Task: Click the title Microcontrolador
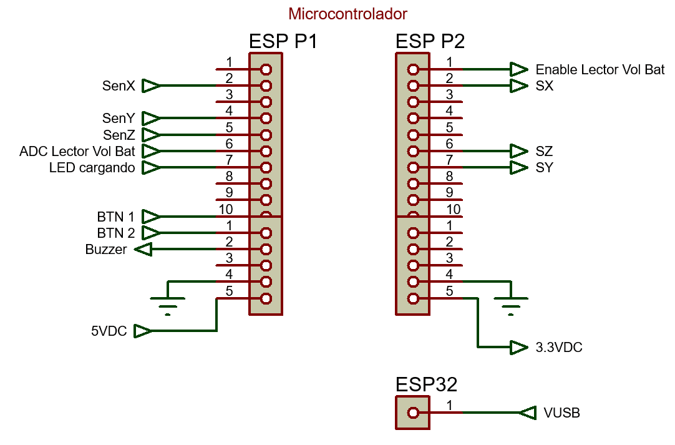pyautogui.click(x=347, y=14)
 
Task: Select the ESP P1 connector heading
pyautogui.click(x=283, y=42)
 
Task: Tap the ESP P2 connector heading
pyautogui.click(x=430, y=42)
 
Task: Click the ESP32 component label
pyautogui.click(x=426, y=384)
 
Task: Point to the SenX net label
pyautogui.click(x=119, y=86)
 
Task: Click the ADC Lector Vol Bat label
pyautogui.click(x=77, y=151)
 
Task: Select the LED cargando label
pyautogui.click(x=92, y=168)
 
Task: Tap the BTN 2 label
pyautogui.click(x=115, y=233)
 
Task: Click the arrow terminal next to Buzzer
pyautogui.click(x=143, y=250)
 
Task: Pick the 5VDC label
pyautogui.click(x=109, y=331)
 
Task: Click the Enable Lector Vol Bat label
pyautogui.click(x=600, y=69)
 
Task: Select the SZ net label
pyautogui.click(x=544, y=152)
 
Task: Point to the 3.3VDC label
pyautogui.click(x=558, y=348)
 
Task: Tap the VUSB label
pyautogui.click(x=561, y=413)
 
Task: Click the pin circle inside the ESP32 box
pyautogui.click(x=412, y=413)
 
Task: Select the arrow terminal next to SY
pyautogui.click(x=518, y=168)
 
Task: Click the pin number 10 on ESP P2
pyautogui.click(x=454, y=209)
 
